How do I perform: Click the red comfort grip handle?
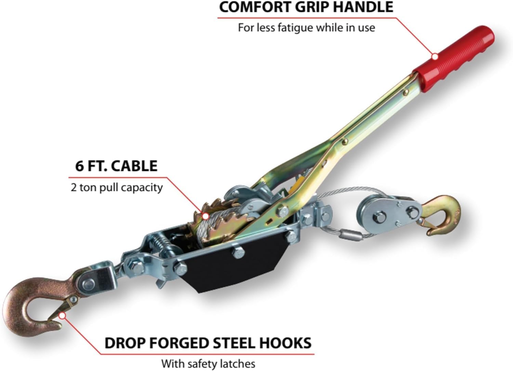tap(455, 56)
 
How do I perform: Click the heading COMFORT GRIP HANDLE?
tap(306, 7)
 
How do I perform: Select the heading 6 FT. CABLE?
tap(116, 166)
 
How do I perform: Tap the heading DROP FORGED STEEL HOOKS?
tap(208, 343)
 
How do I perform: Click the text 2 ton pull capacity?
tap(116, 187)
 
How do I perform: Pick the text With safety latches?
tap(208, 363)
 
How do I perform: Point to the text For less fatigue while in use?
tap(306, 27)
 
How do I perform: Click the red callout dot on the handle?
tap(435, 57)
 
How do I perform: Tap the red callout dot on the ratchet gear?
tap(205, 216)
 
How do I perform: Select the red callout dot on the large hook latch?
tap(62, 315)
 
